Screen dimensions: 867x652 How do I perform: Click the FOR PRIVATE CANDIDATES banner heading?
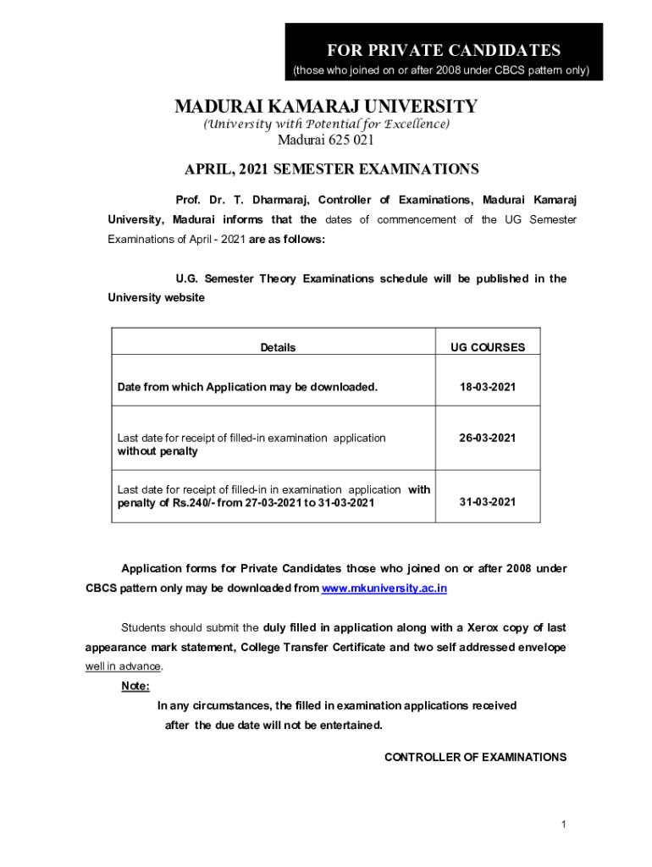point(444,50)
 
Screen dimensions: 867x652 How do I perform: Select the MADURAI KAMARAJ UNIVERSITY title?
point(326,107)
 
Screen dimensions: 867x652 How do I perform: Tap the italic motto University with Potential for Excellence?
point(326,124)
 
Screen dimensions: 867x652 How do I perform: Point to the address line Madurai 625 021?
point(326,141)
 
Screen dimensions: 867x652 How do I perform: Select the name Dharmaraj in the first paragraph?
point(276,200)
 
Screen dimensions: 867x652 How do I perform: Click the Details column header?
point(278,347)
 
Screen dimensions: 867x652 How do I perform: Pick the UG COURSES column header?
point(488,347)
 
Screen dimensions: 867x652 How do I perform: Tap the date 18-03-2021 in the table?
point(488,387)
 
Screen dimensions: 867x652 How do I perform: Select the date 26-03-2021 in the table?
point(488,438)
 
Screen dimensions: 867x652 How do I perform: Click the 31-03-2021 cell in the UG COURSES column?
point(488,502)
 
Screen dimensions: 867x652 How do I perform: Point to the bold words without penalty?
point(157,451)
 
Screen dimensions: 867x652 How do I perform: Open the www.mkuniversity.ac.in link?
point(384,588)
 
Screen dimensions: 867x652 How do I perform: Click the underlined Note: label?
point(135,686)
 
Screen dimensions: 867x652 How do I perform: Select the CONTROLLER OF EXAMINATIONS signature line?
point(475,757)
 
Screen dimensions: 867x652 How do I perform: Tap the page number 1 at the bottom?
point(562,825)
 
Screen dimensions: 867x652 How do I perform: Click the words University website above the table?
point(156,298)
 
